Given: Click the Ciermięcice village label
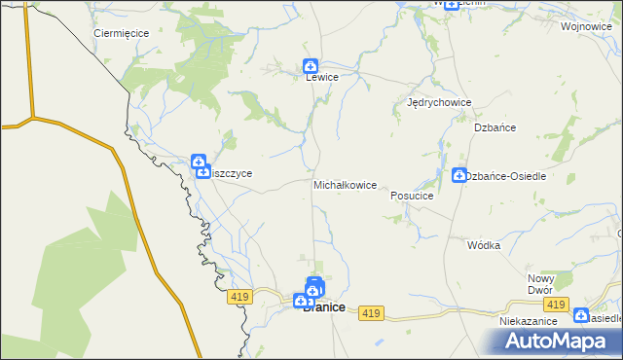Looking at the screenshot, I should [x=121, y=32].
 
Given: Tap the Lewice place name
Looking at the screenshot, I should [x=321, y=77].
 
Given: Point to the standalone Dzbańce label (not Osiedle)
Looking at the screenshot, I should [x=495, y=127].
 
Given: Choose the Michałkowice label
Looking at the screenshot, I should [x=345, y=184].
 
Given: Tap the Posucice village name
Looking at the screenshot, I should [x=411, y=195].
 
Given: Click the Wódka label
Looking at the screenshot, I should [x=483, y=245].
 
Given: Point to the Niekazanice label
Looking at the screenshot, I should [x=527, y=320].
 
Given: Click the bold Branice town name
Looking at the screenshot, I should [x=324, y=307].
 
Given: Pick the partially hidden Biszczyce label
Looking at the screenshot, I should [x=232, y=173].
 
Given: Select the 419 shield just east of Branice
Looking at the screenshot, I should [x=369, y=312].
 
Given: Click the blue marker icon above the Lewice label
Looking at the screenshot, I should [x=310, y=66].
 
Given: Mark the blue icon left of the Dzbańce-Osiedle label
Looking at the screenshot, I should [x=458, y=176].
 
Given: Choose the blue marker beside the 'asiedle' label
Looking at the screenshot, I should [x=581, y=315].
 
